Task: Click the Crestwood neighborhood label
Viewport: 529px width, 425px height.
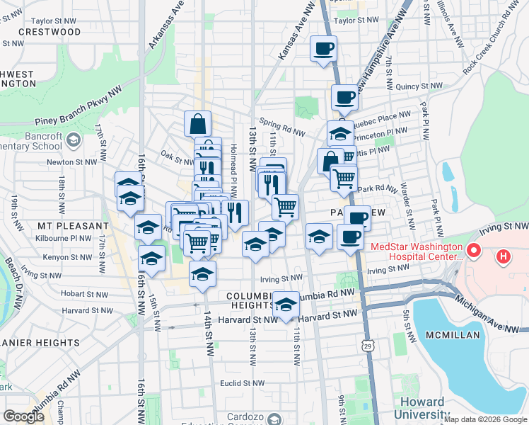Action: tap(50, 32)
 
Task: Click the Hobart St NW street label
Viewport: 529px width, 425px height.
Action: tap(84, 293)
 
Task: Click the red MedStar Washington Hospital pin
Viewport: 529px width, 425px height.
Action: tap(473, 251)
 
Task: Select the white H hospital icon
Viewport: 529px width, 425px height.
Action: tap(503, 256)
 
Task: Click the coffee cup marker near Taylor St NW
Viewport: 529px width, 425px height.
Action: tap(324, 49)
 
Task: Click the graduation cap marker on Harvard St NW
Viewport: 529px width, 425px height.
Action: tap(286, 305)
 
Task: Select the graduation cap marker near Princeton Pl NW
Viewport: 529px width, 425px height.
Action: tap(339, 133)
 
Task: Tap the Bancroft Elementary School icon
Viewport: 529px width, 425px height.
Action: tap(72, 141)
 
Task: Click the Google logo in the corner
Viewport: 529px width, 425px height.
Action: tap(23, 416)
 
